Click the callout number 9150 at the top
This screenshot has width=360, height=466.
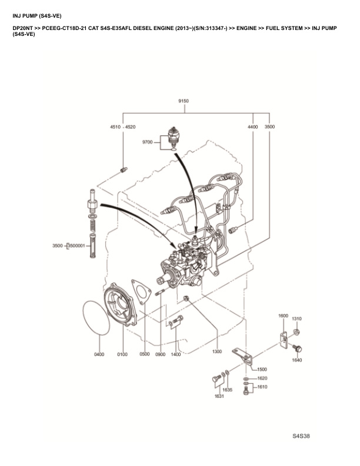click(x=183, y=101)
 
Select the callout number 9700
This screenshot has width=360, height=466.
click(x=147, y=142)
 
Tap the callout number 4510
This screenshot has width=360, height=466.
click(x=115, y=127)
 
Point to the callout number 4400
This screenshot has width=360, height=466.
click(x=252, y=127)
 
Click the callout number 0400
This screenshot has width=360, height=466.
click(x=99, y=354)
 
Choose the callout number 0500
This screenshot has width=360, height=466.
click(x=145, y=354)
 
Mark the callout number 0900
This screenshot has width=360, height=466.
click(x=160, y=354)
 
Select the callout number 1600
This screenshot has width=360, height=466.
click(x=283, y=316)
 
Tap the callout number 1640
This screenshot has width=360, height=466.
click(x=296, y=360)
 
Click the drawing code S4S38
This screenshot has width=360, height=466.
click(x=301, y=437)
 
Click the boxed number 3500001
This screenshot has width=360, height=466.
click(x=76, y=245)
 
